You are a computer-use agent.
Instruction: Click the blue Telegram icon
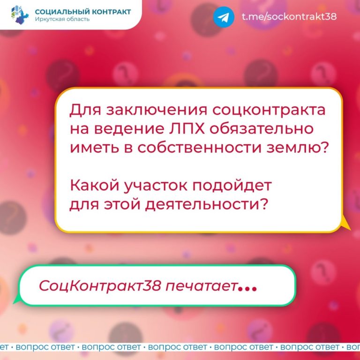(224, 17)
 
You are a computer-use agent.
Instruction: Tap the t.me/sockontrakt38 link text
(289, 16)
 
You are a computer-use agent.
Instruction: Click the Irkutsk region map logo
(20, 15)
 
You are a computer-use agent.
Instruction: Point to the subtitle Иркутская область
(62, 19)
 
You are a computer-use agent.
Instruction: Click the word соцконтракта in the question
(269, 110)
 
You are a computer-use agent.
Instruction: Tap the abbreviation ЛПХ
(187, 128)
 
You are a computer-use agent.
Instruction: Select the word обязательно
(261, 128)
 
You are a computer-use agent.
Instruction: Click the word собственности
(199, 147)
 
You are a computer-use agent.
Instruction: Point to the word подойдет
(232, 185)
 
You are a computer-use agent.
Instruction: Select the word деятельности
(206, 204)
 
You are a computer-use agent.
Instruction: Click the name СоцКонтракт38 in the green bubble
(100, 286)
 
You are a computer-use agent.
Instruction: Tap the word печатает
(201, 286)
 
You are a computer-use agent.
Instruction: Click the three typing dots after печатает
(247, 289)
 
